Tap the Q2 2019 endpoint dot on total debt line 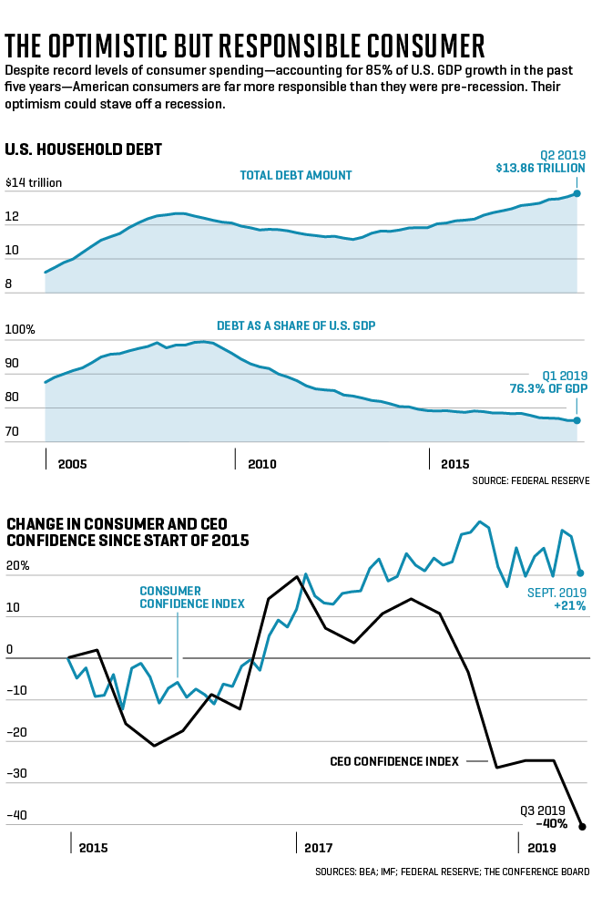click(577, 193)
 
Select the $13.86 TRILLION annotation click(541, 169)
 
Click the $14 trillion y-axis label click(34, 182)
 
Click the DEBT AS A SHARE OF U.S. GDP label click(296, 325)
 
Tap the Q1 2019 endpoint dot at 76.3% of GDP click(577, 420)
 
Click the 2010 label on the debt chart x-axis click(261, 464)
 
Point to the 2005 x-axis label click(72, 464)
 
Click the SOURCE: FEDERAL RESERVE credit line click(531, 480)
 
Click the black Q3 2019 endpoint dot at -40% click(582, 827)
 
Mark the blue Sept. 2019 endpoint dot click(581, 573)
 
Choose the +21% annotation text click(568, 604)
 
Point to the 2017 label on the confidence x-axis click(318, 847)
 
